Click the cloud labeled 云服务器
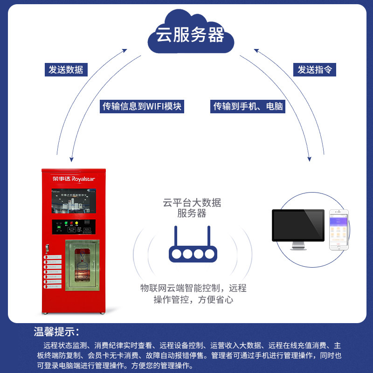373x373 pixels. (190, 35)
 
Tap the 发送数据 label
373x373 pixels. (66, 69)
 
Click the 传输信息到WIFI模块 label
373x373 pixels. (142, 106)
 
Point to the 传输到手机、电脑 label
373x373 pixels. (248, 106)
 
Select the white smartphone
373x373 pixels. (339, 229)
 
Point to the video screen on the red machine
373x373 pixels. (74, 201)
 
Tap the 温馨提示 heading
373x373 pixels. (56, 332)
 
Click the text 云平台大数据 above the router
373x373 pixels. (192, 203)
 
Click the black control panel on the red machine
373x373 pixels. (74, 227)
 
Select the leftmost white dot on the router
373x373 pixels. (176, 254)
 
